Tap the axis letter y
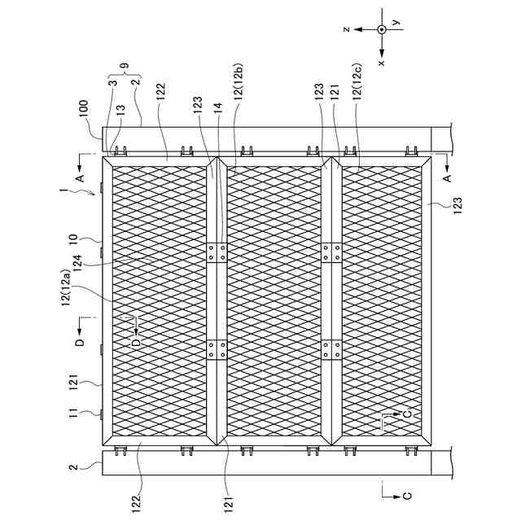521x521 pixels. pos(396,24)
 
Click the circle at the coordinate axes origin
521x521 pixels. pos(381,29)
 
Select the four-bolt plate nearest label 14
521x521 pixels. pos(217,252)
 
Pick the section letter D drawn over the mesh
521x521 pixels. pos(136,343)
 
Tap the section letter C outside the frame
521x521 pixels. pos(408,495)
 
